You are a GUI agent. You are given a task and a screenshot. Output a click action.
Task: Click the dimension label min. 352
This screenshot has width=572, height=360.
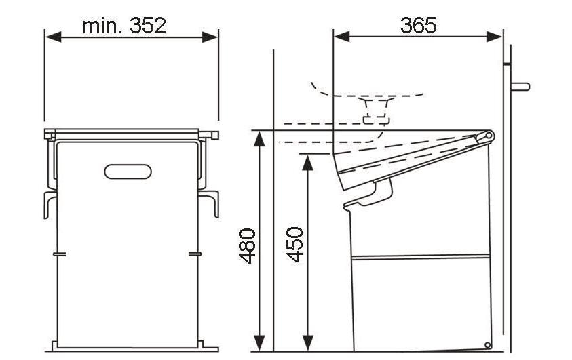(x=124, y=26)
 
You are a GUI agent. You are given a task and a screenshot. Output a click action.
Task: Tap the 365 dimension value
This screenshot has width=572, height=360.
(x=419, y=26)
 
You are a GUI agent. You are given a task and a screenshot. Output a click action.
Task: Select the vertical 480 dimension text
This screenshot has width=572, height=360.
(x=248, y=246)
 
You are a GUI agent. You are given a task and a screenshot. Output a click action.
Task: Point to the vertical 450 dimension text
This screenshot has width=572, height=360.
(x=294, y=245)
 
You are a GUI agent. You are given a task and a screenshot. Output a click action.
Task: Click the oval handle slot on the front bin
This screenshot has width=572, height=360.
(x=128, y=172)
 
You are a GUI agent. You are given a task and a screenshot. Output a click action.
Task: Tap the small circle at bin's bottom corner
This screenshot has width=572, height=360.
(x=487, y=344)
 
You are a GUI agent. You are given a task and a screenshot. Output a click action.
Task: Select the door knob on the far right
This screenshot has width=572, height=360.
(x=520, y=87)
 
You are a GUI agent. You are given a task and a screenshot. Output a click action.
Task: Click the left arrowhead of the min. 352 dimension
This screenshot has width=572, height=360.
(x=53, y=37)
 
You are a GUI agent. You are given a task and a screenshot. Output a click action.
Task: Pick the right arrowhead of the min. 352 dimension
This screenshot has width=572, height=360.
(x=210, y=37)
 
